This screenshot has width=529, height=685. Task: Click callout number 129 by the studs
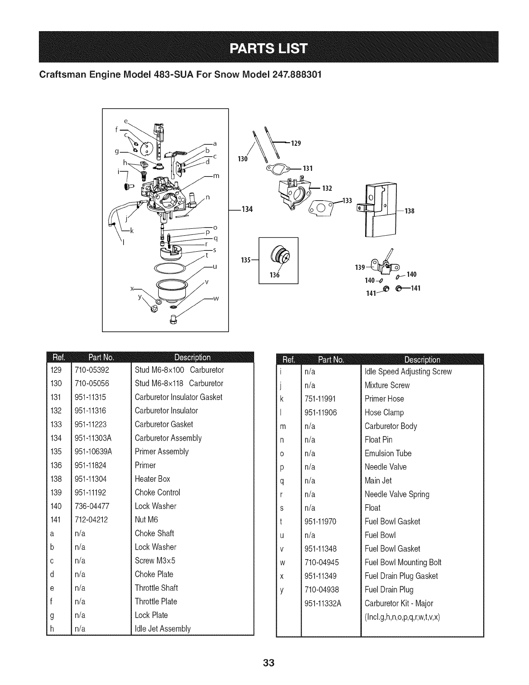point(296,143)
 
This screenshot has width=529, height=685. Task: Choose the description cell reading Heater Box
point(152,479)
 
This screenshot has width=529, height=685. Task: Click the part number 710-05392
point(92,370)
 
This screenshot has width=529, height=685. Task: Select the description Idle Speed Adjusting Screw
point(408,371)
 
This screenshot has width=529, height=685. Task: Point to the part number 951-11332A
point(323,603)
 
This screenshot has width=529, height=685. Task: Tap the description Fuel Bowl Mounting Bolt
point(403,562)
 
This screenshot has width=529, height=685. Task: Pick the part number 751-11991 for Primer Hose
point(320,399)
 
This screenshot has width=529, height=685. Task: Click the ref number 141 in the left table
point(56,520)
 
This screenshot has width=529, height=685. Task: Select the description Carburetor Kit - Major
point(398,603)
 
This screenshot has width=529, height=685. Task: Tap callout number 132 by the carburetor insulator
point(327,188)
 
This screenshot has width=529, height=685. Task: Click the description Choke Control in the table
point(157,493)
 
